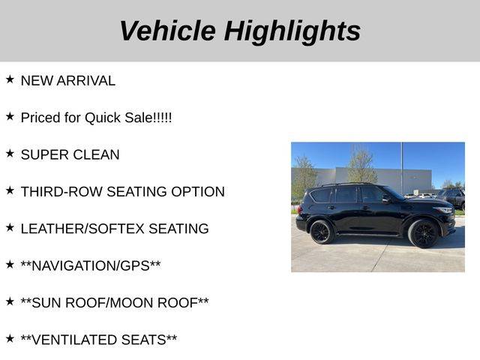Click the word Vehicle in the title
click(168, 31)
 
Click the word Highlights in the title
click(292, 32)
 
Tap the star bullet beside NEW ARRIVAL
click(10, 79)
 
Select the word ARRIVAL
click(86, 81)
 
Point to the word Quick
click(103, 118)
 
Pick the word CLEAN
click(96, 155)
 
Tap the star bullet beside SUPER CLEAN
click(10, 153)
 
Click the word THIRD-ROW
click(61, 192)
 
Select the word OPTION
click(198, 192)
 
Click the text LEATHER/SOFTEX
click(82, 229)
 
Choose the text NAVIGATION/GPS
click(91, 266)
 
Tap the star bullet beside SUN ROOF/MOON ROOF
click(10, 301)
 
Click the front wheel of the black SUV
click(424, 233)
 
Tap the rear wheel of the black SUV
click(321, 232)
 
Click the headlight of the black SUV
click(445, 210)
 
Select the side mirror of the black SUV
click(386, 199)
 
